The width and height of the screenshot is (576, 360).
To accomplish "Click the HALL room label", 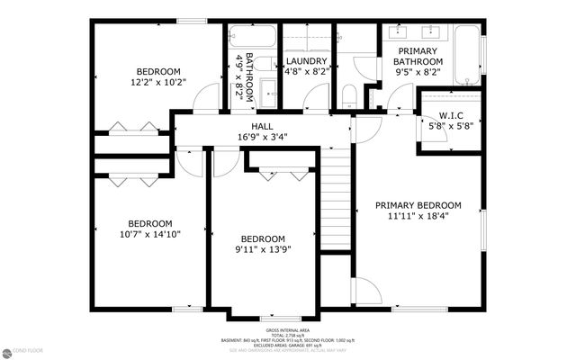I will tap(263, 127).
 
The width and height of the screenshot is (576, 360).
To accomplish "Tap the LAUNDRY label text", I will tap(305, 61).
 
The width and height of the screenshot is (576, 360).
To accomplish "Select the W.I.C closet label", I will tap(451, 115).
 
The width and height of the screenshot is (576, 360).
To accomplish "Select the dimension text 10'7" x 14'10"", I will tap(148, 235).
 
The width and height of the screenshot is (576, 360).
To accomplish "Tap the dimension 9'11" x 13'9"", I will tap(262, 249).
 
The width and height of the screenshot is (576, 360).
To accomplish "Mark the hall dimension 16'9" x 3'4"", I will tap(263, 138).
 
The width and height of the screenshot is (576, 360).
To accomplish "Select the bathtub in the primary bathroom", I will tap(467, 54).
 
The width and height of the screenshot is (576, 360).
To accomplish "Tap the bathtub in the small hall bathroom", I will tap(252, 37).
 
